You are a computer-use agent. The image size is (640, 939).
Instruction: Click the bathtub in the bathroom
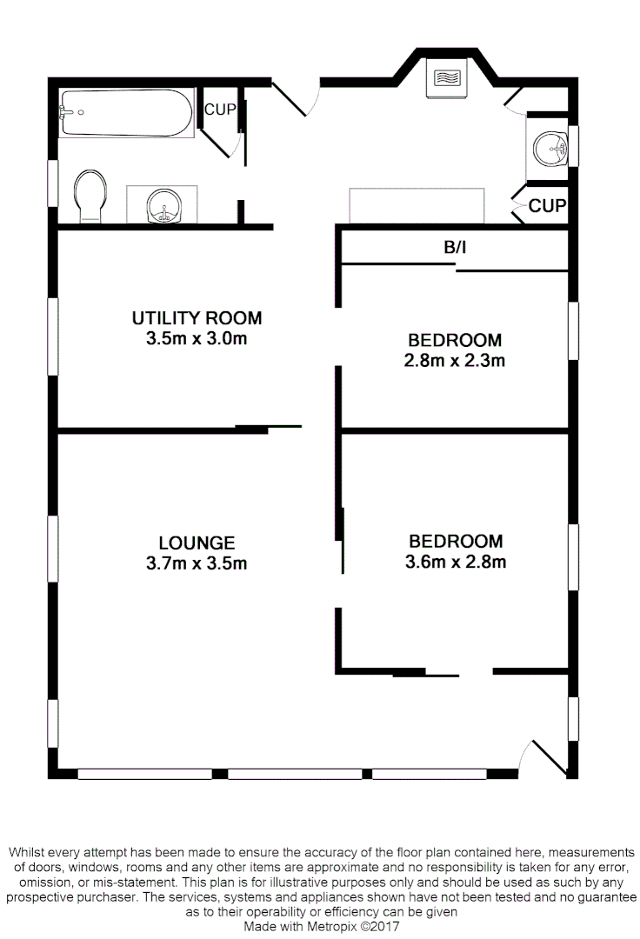[x=126, y=112]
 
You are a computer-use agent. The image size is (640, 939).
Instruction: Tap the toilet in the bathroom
[x=90, y=196]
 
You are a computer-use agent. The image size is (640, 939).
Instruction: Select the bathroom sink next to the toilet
[x=162, y=205]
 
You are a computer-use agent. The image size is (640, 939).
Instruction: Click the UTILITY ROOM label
[x=197, y=318]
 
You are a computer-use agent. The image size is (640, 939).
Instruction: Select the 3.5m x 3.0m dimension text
[x=197, y=339]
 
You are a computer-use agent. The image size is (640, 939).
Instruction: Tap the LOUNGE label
[x=197, y=543]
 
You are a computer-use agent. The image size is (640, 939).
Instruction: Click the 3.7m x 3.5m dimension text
[x=197, y=563]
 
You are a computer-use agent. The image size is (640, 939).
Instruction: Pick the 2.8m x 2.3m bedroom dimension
[x=455, y=360]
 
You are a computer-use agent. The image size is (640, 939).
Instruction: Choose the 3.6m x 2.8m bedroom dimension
[x=456, y=562]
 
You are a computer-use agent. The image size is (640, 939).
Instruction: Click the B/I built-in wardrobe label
[x=455, y=248]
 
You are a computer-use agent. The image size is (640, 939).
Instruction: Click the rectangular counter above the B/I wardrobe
[x=416, y=205]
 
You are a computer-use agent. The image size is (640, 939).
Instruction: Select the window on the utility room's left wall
[x=53, y=336]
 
